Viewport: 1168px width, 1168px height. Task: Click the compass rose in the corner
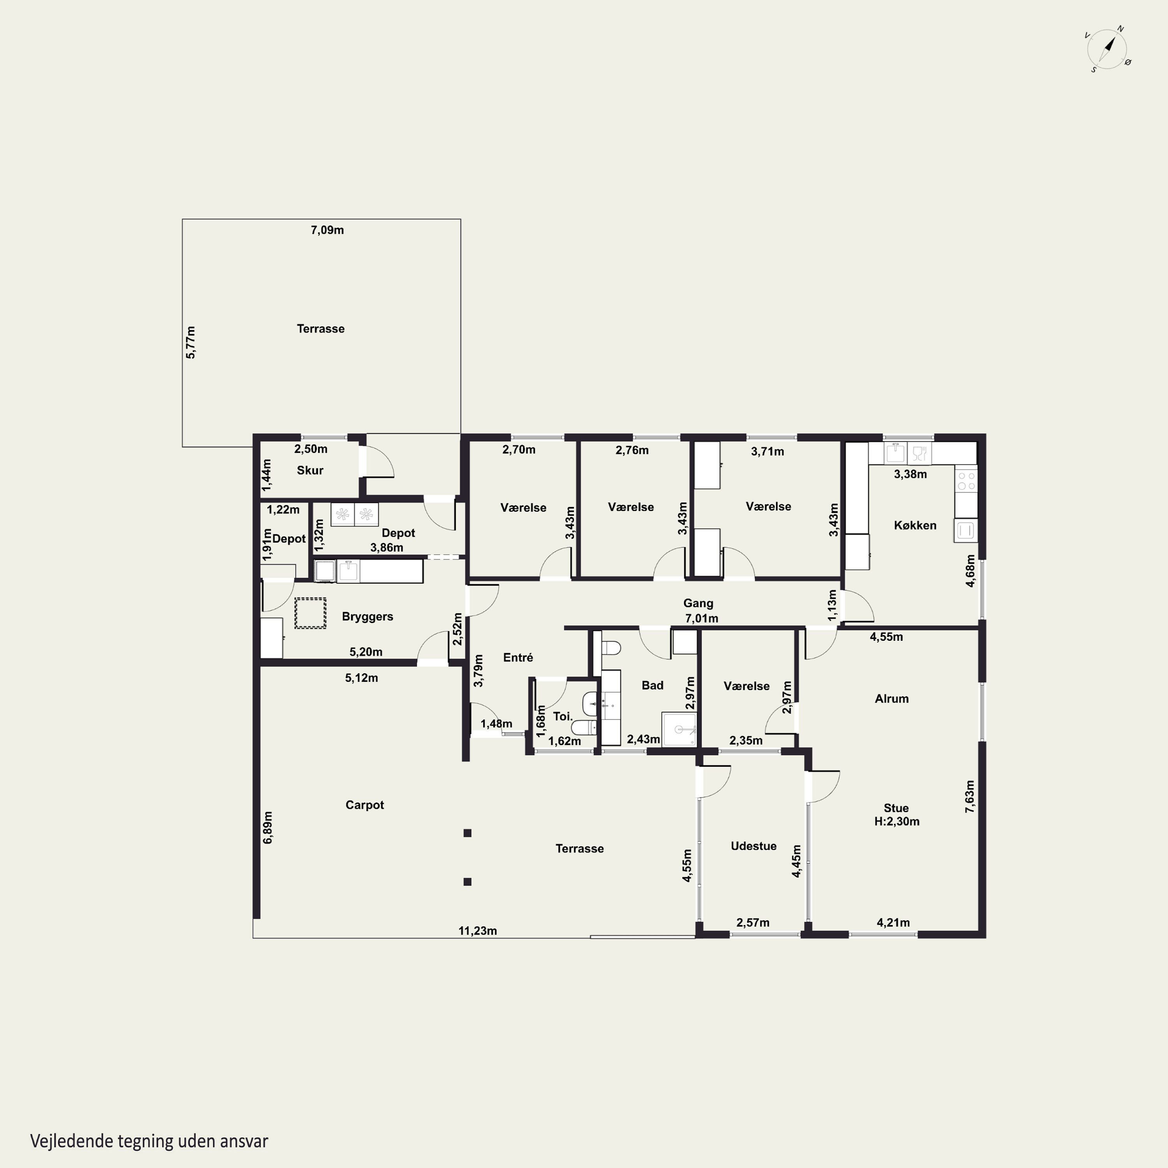coord(1108,49)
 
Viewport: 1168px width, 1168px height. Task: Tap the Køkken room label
coord(915,525)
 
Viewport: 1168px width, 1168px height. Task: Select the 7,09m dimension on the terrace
coord(327,230)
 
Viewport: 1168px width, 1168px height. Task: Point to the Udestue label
coord(753,846)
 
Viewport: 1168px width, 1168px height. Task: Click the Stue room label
coord(896,808)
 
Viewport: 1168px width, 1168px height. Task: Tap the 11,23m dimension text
coord(478,931)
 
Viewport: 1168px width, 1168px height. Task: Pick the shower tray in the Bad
coord(679,730)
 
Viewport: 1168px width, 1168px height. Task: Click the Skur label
coord(310,470)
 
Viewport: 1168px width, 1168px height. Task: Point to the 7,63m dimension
coord(970,796)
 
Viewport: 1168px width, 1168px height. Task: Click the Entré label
coord(518,657)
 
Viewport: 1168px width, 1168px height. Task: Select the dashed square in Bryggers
coord(310,613)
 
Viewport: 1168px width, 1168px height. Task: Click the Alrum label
coord(892,698)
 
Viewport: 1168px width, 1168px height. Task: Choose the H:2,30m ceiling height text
coord(897,821)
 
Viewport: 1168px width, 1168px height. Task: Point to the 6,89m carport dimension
coord(268,828)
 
